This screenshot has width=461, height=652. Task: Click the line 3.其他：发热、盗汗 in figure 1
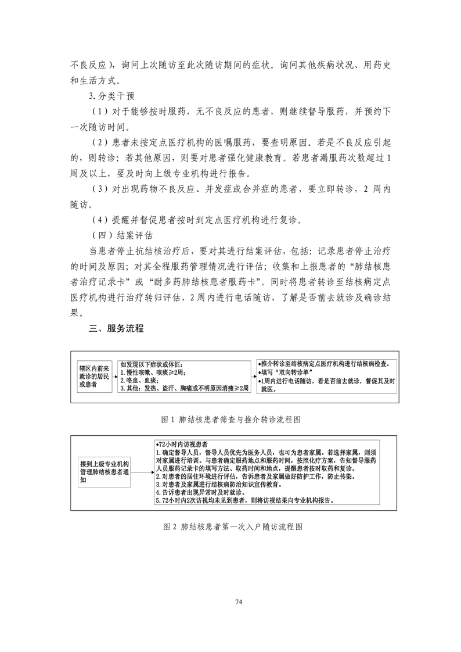point(183,388)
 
